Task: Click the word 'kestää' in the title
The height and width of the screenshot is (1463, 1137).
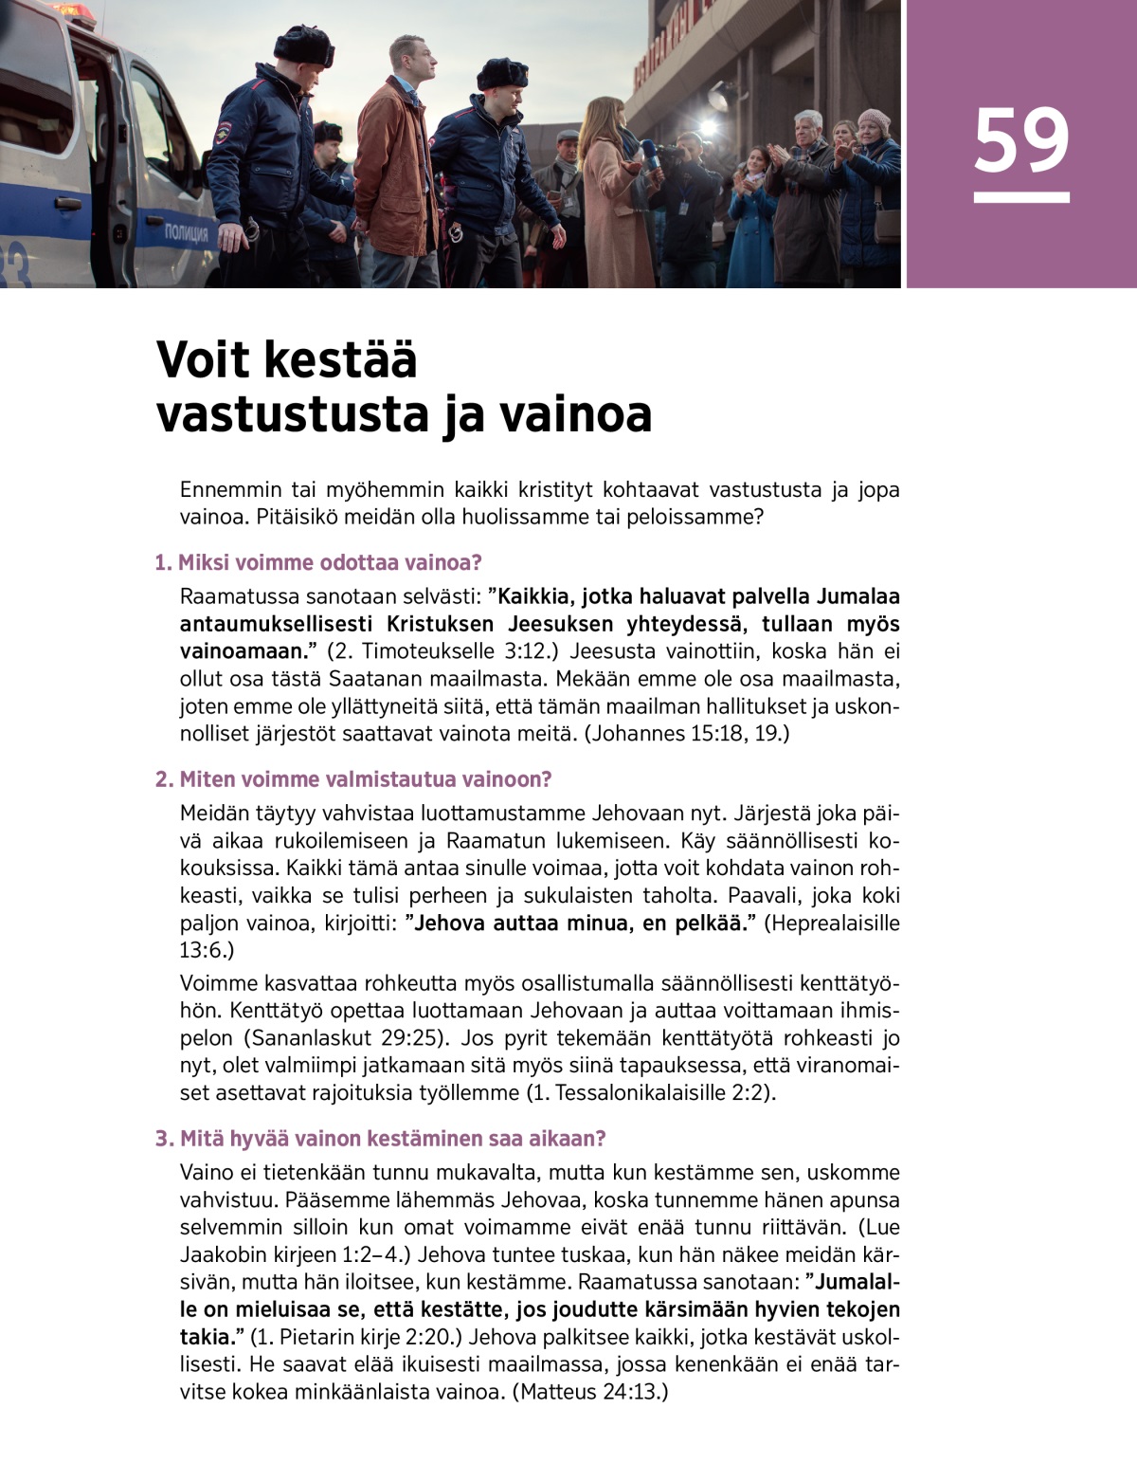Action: click(339, 360)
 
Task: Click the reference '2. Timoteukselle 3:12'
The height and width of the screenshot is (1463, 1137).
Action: click(441, 651)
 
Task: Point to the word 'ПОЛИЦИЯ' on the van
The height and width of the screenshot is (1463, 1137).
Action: click(186, 233)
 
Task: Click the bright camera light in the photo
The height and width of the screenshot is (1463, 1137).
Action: click(708, 125)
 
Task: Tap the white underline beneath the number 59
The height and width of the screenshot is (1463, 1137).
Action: click(1020, 197)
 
